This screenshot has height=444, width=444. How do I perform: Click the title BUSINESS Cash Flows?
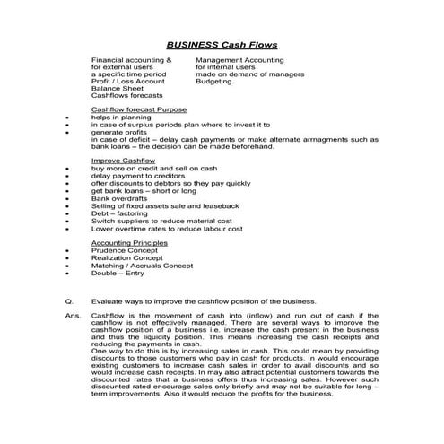pos(222,44)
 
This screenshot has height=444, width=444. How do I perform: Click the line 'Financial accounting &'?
pos(131,59)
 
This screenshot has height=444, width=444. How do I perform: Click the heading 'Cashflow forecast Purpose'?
pos(139,109)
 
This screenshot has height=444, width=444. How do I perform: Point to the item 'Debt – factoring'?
pos(121,212)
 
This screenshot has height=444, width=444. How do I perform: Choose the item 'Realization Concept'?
pos(131,257)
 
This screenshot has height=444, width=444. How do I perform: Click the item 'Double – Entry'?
pos(119,272)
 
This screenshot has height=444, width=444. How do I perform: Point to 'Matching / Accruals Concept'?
pos(143,265)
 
